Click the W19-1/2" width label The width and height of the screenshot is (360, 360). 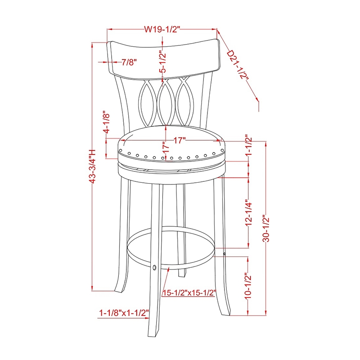(162, 30)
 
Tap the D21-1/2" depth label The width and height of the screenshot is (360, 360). (238, 65)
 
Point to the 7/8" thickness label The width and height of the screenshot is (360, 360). (129, 62)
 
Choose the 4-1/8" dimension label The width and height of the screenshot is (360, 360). (107, 123)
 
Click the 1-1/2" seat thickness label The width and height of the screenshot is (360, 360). (248, 145)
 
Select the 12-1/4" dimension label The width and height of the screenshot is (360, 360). (248, 212)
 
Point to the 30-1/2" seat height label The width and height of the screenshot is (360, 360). (266, 227)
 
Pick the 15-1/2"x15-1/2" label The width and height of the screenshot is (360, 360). (189, 292)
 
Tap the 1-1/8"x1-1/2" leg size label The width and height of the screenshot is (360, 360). (124, 312)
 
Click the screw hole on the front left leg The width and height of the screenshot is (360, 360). (155, 268)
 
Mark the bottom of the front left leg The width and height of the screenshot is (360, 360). (155, 333)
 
